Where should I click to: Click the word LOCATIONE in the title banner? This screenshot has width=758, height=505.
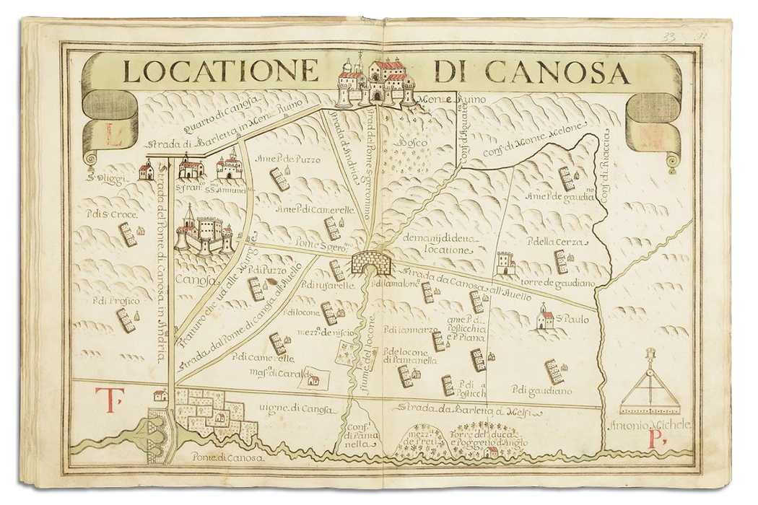[220, 71]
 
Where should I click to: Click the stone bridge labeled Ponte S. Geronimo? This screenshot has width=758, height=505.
[370, 261]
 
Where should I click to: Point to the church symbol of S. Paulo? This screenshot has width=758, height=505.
[545, 317]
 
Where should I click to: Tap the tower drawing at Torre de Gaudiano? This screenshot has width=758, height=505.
[505, 263]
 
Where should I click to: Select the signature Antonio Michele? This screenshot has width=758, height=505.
[650, 425]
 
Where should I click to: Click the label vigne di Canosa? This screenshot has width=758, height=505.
[298, 409]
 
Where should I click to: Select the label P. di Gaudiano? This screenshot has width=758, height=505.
[542, 391]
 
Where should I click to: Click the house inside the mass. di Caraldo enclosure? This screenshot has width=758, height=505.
[313, 380]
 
